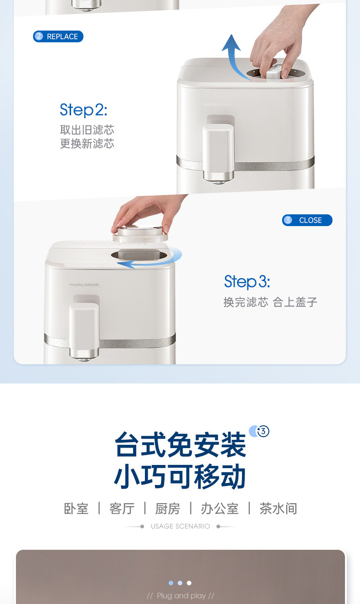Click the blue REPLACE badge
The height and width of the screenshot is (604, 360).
[58, 36]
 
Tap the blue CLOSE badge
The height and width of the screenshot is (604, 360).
[307, 220]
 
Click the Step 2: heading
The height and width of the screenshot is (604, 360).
[83, 109]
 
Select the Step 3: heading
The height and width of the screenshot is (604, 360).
[247, 281]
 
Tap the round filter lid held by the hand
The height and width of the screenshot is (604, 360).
[140, 232]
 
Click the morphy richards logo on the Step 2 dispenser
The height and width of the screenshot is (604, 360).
[218, 104]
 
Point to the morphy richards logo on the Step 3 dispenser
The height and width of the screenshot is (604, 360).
[84, 284]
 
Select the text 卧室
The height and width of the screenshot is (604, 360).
[76, 508]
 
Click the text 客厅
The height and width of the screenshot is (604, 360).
[122, 508]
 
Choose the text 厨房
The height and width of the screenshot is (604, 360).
[168, 508]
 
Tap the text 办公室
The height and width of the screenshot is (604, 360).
[220, 508]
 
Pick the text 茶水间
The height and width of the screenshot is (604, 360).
[278, 508]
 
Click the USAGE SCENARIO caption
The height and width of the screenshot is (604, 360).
[180, 527]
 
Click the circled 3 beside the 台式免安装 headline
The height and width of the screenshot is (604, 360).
[263, 431]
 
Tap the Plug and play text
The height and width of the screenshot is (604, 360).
[181, 596]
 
